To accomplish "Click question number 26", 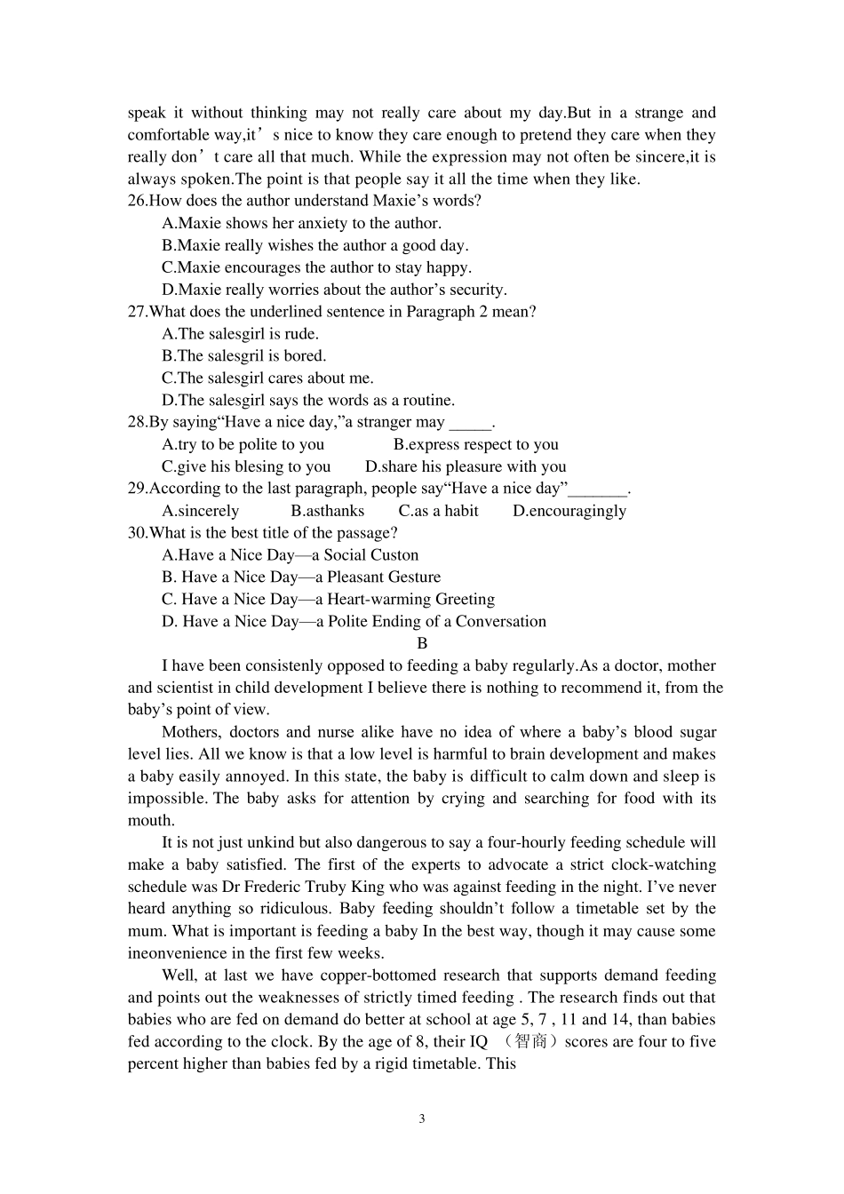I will (137, 201).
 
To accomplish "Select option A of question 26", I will (301, 223).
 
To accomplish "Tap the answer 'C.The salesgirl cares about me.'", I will (267, 378).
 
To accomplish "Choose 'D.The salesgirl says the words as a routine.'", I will (307, 400).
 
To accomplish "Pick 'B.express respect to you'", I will (475, 444).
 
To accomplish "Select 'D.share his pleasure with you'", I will (465, 466).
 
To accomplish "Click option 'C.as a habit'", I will (438, 511).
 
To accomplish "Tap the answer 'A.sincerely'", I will (200, 511).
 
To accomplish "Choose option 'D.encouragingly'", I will (569, 511).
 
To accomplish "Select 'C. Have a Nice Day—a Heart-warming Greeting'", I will (328, 600).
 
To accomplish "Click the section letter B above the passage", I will (422, 643).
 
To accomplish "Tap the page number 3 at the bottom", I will (422, 1118).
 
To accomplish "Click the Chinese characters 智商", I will (529, 1041).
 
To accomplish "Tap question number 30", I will (137, 533).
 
